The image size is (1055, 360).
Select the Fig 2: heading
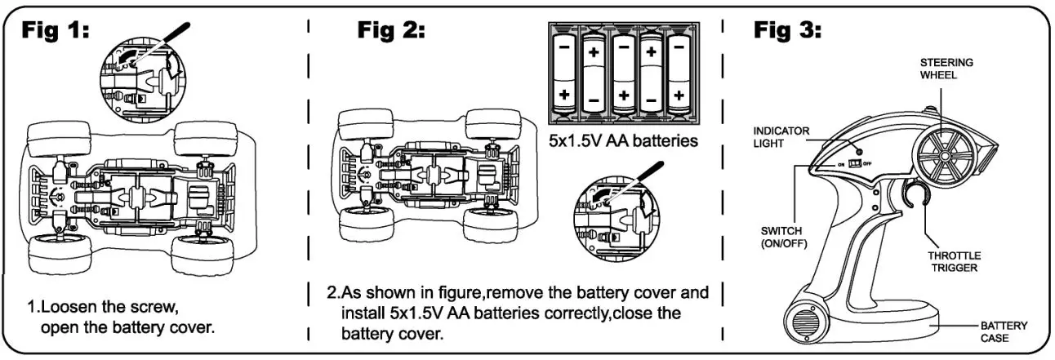pyautogui.click(x=391, y=31)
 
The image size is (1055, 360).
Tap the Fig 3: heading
pyautogui.click(x=787, y=31)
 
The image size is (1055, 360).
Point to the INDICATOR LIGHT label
pyautogui.click(x=780, y=136)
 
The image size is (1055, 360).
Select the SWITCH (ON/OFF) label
pyautogui.click(x=782, y=236)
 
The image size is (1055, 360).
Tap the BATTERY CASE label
pyautogui.click(x=1004, y=331)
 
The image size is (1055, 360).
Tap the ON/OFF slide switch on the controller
pyautogui.click(x=856, y=163)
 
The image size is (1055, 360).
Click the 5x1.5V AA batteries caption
pyautogui.click(x=623, y=140)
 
